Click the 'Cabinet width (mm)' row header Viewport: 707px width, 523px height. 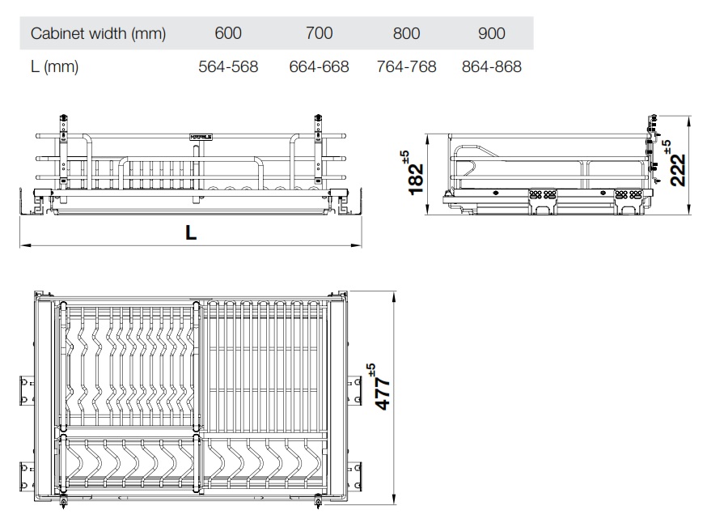(x=98, y=33)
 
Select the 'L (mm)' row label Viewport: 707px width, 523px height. (x=54, y=67)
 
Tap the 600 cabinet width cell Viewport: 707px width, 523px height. (x=228, y=33)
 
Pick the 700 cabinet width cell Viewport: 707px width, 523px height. (x=319, y=33)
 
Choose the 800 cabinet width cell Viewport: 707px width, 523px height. (x=406, y=33)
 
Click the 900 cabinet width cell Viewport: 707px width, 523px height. (x=491, y=33)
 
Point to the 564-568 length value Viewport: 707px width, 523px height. (x=228, y=67)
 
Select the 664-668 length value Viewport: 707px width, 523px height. (x=319, y=67)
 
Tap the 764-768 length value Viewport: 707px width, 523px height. (x=406, y=67)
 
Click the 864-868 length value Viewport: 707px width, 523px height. (x=491, y=67)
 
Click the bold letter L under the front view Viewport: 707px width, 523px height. (x=190, y=233)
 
